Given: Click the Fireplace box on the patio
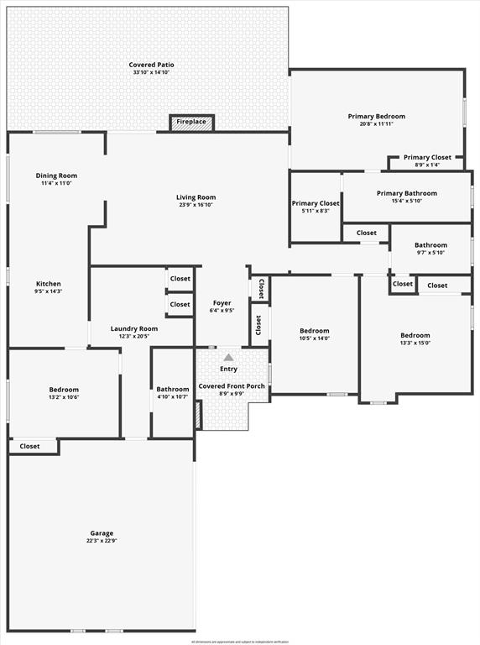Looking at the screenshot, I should coord(191,122).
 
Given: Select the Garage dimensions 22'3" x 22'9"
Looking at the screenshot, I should coord(102,542).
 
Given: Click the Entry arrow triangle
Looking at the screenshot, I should coord(228,357).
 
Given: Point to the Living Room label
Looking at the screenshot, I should coord(196,197).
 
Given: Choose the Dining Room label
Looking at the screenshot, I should coord(56,176).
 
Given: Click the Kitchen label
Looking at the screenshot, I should coord(48,284).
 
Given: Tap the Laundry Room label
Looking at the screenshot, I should coord(134,328).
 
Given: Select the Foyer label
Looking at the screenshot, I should coord(222,302).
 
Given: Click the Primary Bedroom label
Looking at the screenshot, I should coord(377,116).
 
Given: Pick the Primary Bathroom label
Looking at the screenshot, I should coord(407,193).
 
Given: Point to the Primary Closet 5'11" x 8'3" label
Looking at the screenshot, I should coord(316,203).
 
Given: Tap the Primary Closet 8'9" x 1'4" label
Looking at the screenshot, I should coord(427,157).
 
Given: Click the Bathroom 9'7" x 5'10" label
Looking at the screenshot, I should coord(430,245).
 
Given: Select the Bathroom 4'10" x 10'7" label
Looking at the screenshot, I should coord(173,389).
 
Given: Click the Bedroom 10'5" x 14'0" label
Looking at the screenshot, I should coord(315,331).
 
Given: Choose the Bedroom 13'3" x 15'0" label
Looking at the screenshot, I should coord(415,335).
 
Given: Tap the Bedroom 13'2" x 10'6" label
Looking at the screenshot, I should coord(64,390).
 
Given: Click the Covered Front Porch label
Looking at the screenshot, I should coord(232,386).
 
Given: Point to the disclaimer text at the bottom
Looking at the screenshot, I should coord(240,641).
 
